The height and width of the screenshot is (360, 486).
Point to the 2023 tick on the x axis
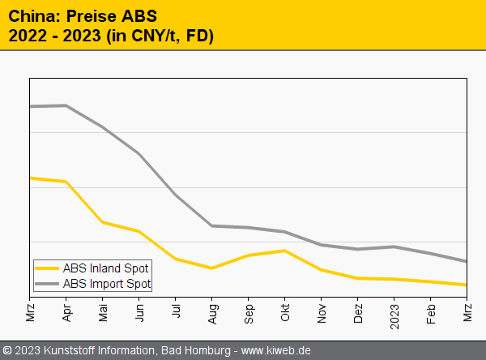pyautogui.click(x=394, y=311)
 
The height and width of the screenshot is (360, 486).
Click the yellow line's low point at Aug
pyautogui.click(x=212, y=268)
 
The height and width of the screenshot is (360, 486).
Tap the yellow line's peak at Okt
pyautogui.click(x=285, y=251)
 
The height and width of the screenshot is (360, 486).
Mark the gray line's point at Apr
pyautogui.click(x=66, y=105)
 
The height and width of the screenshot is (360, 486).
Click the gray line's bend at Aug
pyautogui.click(x=212, y=225)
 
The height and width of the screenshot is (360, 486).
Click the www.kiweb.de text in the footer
pyautogui.click(x=276, y=351)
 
